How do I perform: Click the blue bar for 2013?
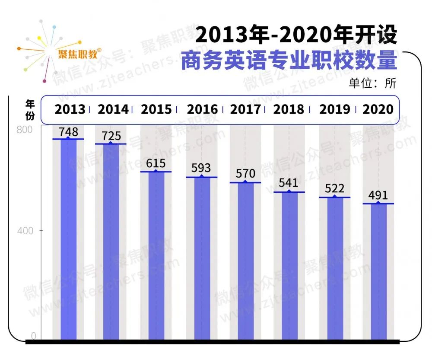click(68, 238)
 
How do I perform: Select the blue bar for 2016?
click(202, 257)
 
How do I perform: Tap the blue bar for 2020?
click(378, 270)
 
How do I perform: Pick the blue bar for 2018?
click(289, 264)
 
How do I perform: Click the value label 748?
click(69, 131)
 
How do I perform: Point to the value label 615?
click(156, 163)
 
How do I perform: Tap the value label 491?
click(378, 195)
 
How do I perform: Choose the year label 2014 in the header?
click(113, 109)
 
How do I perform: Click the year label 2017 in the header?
click(245, 109)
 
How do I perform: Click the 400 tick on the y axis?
click(25, 231)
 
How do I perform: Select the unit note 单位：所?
click(372, 83)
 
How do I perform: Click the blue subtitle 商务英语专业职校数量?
click(288, 61)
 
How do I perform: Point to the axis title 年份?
click(30, 110)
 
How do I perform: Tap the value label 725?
click(111, 136)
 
